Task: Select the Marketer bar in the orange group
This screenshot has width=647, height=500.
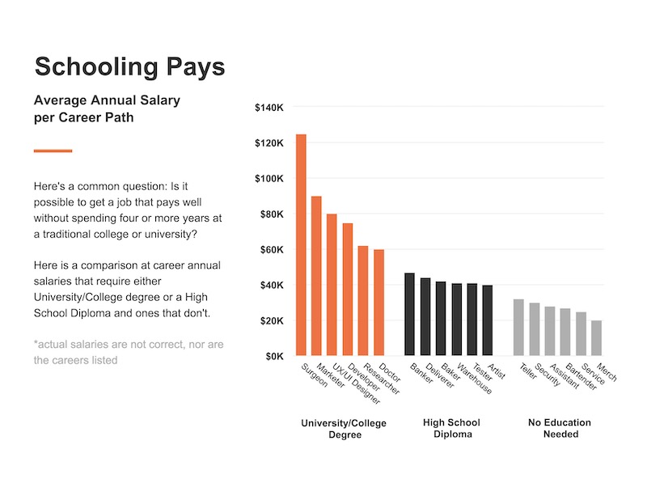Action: tap(316, 276)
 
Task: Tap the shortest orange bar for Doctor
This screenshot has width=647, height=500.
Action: tap(378, 303)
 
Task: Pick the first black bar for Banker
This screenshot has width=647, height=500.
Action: tap(409, 315)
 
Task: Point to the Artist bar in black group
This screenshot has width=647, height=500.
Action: tap(487, 320)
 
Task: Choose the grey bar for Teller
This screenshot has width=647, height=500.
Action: tap(518, 328)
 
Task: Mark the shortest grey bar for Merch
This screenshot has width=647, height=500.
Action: tap(596, 338)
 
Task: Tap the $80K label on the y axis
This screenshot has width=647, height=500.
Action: tap(270, 214)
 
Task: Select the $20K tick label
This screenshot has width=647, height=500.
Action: tap(270, 321)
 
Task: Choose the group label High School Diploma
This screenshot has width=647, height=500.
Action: tap(451, 428)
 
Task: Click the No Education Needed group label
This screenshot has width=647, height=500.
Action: tap(560, 428)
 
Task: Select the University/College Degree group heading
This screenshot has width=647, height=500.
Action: tap(344, 428)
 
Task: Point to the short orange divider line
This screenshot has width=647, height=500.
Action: tap(53, 150)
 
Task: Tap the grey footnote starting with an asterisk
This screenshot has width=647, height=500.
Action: tap(129, 352)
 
